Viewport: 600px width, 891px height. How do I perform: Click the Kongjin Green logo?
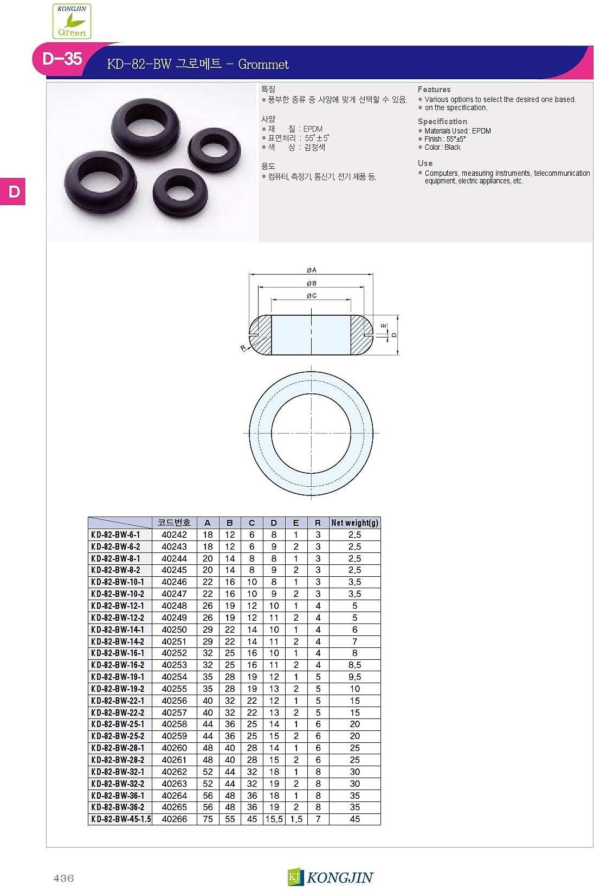(x=72, y=21)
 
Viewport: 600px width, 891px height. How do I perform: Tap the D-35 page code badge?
(x=62, y=59)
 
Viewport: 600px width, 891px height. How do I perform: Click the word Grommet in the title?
(x=263, y=64)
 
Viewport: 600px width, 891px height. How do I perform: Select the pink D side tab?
(x=12, y=192)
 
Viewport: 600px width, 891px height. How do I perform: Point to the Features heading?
(x=434, y=90)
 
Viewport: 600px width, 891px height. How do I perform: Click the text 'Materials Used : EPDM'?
(x=457, y=131)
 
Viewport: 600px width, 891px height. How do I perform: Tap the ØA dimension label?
(x=312, y=270)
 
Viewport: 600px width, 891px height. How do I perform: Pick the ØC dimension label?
(x=312, y=296)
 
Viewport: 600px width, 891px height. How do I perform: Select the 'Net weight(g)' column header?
(x=355, y=523)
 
